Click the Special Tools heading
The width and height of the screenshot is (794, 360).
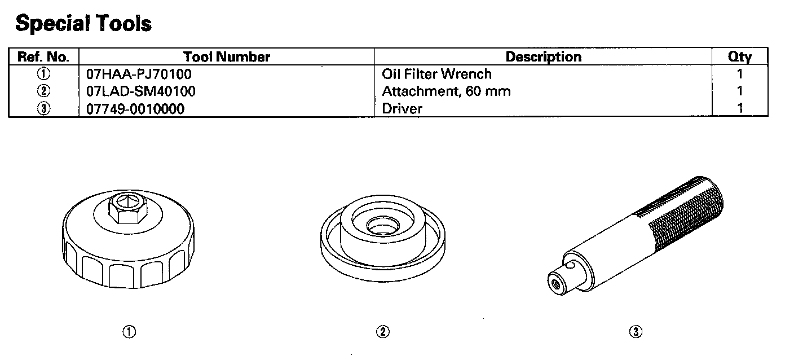point(83,24)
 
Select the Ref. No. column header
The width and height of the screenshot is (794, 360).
point(43,57)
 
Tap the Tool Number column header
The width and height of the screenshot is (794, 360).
point(227,57)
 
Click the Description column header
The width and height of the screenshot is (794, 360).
point(543,57)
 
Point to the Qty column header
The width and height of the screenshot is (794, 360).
point(740,57)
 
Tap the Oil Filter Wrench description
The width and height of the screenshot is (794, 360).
point(436,74)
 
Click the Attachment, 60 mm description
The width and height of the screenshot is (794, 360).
point(446,91)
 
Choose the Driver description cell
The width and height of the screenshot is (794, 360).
point(402,108)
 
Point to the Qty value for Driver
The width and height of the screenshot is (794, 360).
point(740,108)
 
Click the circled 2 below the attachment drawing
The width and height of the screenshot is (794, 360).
point(382,332)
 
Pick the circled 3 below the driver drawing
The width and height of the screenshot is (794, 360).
point(636,332)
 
